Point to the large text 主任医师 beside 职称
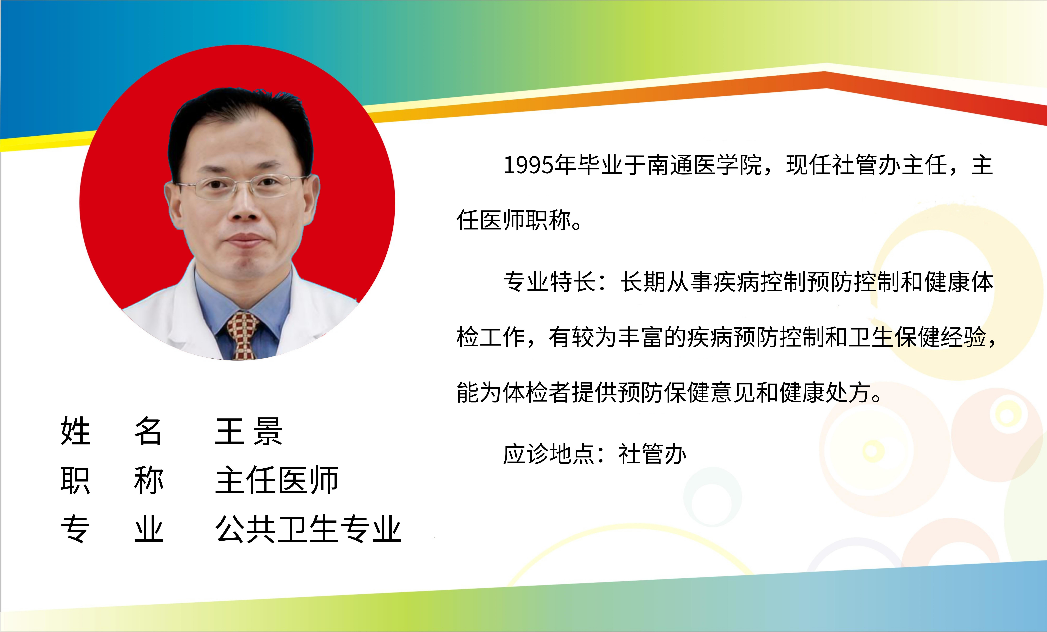pos(277,480)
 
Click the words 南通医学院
pos(705,165)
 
